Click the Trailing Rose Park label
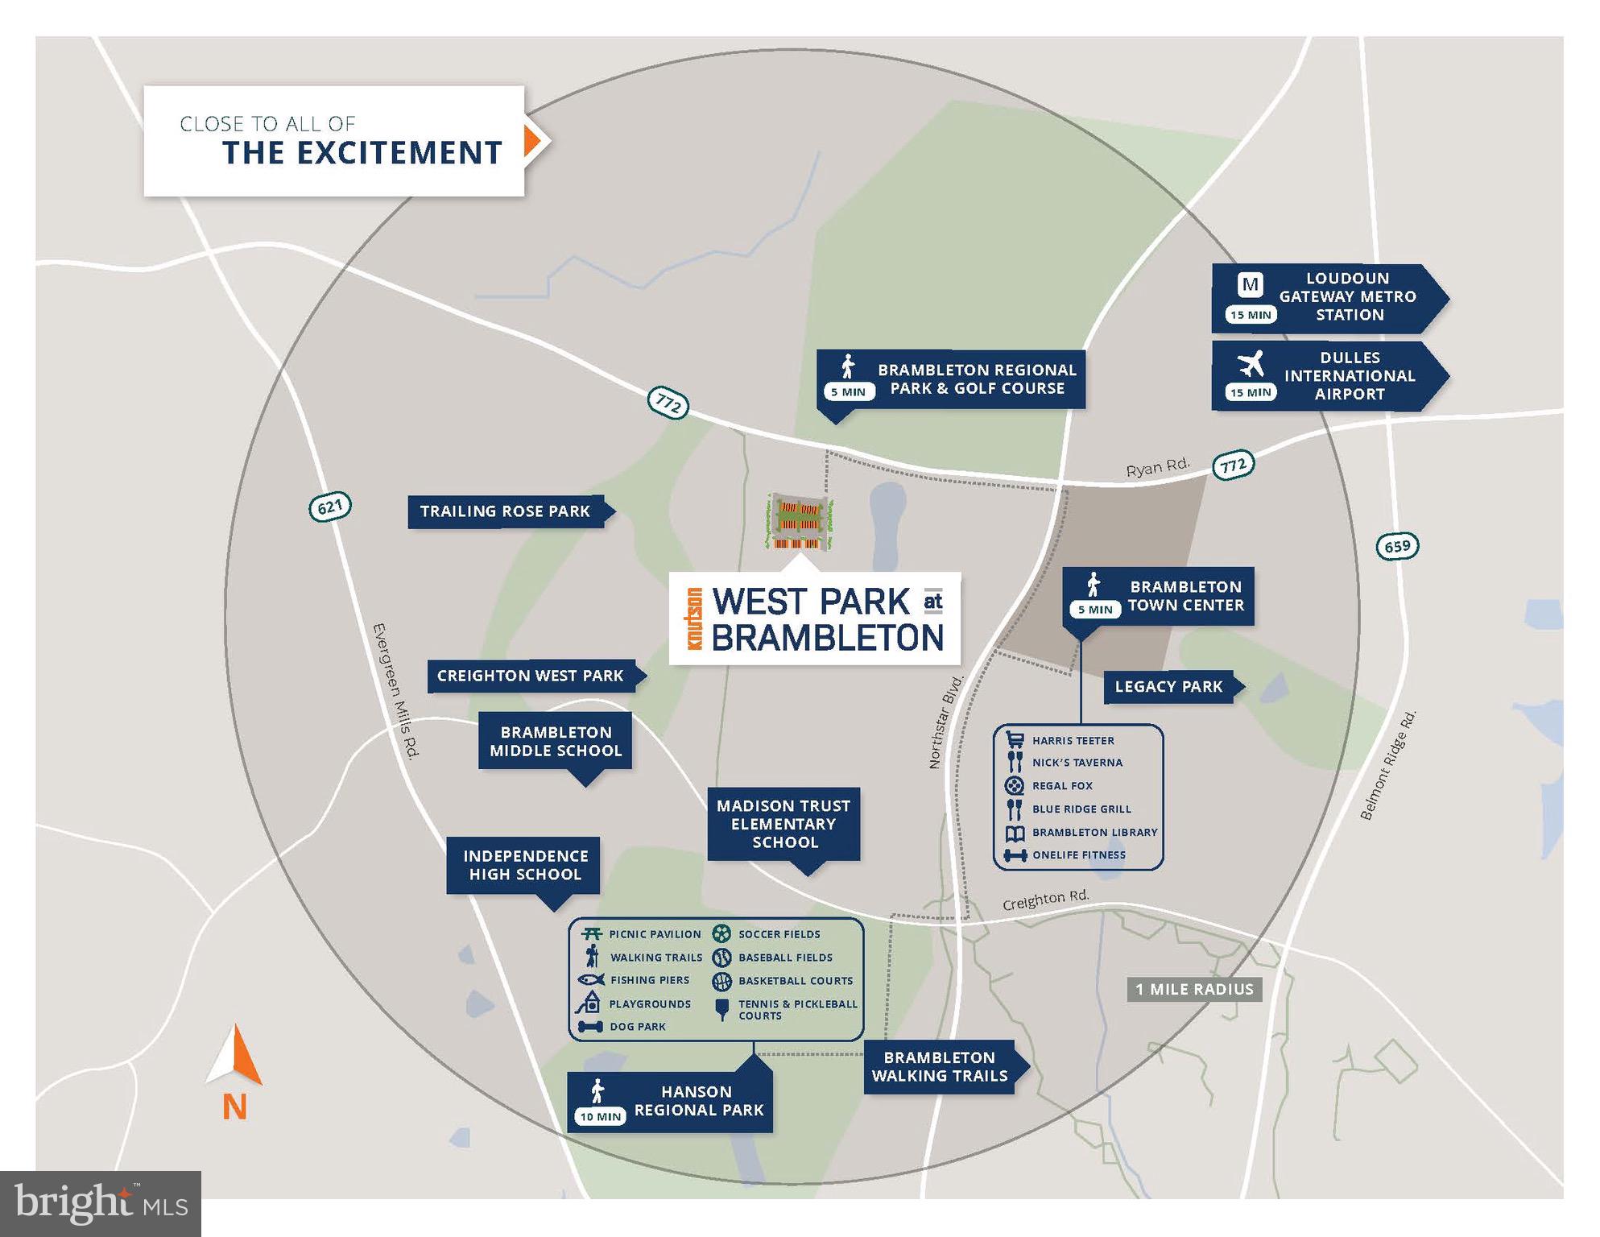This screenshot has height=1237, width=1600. coord(505,511)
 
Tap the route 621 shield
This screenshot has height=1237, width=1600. coord(330,507)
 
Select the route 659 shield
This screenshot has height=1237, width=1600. coord(1397,546)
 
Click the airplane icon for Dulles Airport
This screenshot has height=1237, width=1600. coord(1251,364)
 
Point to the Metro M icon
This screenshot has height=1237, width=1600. coord(1250,284)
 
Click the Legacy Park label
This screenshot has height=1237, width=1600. coord(1168,687)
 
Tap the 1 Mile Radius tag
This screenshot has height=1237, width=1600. coord(1194,990)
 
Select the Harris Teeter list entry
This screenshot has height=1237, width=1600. coord(1073,741)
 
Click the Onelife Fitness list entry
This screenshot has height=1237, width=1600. coord(1078,855)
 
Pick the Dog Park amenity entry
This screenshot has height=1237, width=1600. coord(637,1027)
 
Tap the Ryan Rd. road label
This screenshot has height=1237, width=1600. coord(1157,468)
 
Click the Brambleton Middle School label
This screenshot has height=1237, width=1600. coord(556,742)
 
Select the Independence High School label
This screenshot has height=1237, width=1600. coord(525,865)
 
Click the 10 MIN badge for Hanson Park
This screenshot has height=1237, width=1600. coord(601,1117)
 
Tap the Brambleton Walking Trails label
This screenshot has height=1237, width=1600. coord(940,1066)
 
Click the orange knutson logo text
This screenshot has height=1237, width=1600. coord(693,618)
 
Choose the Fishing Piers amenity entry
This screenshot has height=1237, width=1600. coord(649,980)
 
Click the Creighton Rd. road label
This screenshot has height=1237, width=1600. coord(1045,900)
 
